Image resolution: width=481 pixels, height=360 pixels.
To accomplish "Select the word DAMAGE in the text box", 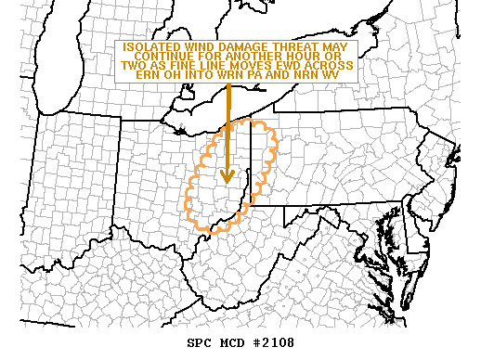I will click(243, 47).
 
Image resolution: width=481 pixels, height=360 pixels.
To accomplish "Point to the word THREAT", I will click(292, 47).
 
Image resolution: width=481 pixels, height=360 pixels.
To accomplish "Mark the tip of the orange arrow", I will click(227, 183).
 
